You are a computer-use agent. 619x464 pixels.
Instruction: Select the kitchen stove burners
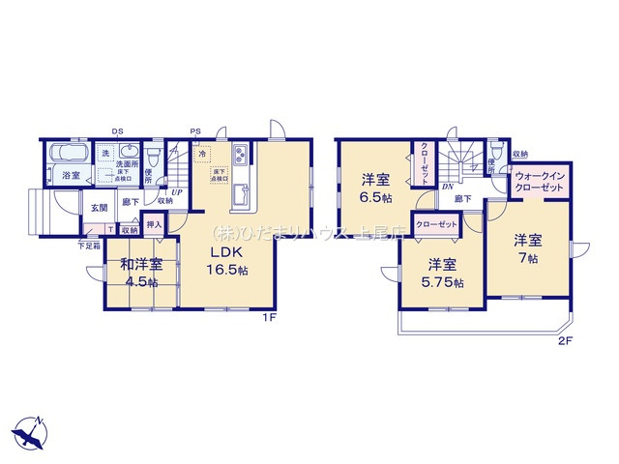[239, 157]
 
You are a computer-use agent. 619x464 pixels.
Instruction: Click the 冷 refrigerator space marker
[202, 154]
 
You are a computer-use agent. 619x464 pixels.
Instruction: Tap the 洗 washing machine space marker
[105, 154]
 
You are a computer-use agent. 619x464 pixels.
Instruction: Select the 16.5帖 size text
[231, 272]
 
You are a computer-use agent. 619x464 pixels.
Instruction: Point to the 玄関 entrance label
[100, 208]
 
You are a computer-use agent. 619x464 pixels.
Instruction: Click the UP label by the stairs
[176, 191]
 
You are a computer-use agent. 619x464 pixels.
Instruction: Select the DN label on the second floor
[447, 187]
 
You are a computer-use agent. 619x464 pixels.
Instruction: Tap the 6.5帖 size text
[377, 197]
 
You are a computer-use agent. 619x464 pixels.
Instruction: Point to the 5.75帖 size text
[444, 282]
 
